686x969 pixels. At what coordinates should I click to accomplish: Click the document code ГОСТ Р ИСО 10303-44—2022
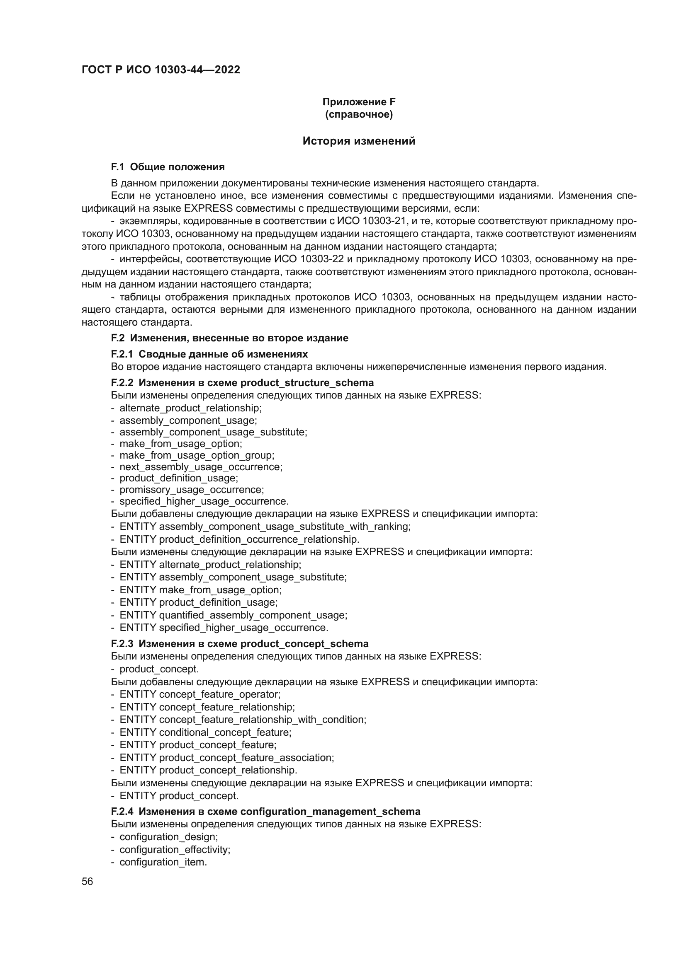pos(161,70)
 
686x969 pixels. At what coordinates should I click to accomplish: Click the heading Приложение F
pos(359,102)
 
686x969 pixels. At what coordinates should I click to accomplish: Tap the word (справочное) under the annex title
pos(359,114)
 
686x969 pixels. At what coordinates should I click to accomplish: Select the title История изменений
pos(359,141)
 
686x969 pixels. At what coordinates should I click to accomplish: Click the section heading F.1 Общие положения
pos(168,167)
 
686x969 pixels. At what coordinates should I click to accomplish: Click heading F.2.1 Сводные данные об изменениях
pos(209,354)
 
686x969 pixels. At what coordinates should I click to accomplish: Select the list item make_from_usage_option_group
pos(197,455)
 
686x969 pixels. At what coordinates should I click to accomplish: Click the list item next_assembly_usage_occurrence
pos(201,467)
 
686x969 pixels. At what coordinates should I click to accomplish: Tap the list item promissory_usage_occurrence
pos(191,490)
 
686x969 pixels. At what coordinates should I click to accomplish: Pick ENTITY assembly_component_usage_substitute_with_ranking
pos(265,527)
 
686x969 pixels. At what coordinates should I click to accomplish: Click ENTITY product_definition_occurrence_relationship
pos(239,539)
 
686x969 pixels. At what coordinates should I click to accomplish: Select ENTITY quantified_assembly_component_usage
pos(233,615)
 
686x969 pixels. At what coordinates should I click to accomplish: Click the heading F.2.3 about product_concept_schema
pos(239,644)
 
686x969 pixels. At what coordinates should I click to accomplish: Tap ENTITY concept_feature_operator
pos(200,694)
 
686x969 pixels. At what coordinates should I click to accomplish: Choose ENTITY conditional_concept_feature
pos(205,732)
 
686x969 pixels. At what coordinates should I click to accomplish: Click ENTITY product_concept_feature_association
pos(226,758)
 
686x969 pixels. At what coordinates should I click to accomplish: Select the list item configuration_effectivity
pos(175,850)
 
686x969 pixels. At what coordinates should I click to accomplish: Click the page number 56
pos(88,882)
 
